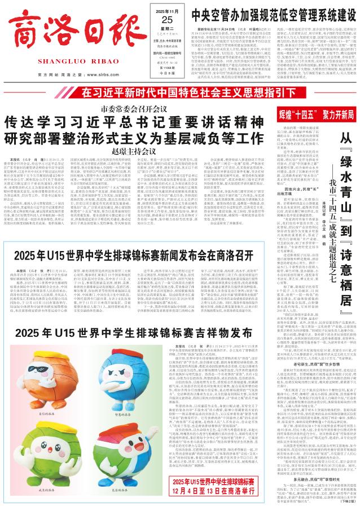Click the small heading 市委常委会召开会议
pyautogui.click(x=125, y=92)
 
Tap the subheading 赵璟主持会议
pyautogui.click(x=125, y=135)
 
